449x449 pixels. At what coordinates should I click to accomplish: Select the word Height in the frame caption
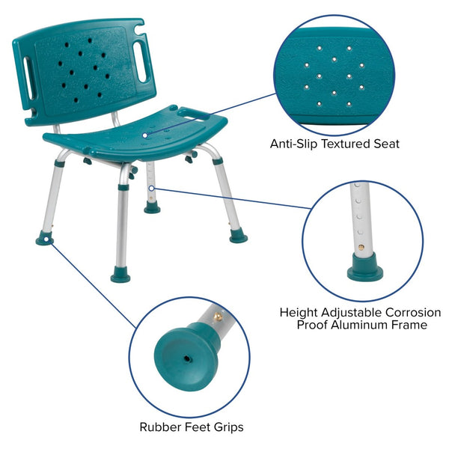(x=298, y=312)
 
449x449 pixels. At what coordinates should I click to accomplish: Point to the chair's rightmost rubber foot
(x=239, y=236)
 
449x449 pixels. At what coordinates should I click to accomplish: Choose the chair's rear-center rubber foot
(x=153, y=209)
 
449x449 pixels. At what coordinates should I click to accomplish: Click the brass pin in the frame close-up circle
(x=363, y=246)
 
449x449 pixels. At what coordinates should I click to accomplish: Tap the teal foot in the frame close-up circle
(x=364, y=266)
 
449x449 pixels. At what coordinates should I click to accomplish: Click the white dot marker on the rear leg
(x=152, y=188)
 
